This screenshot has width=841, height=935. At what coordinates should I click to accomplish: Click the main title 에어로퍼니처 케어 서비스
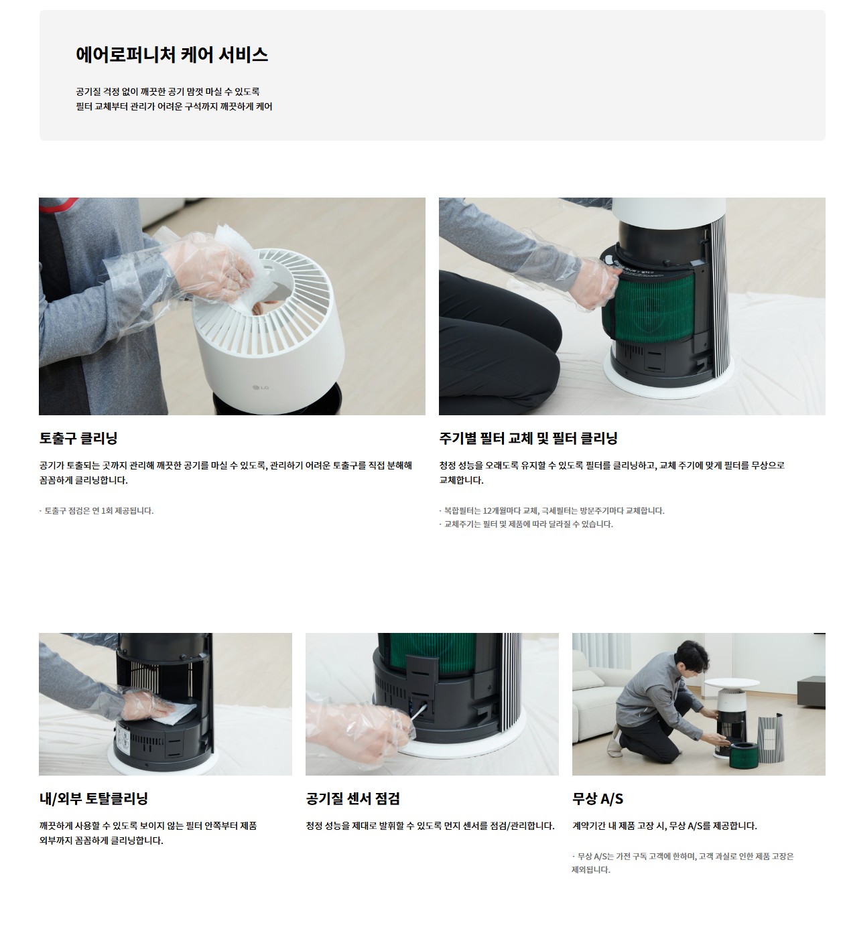tap(172, 54)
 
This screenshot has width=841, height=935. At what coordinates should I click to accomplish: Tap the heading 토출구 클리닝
tap(78, 438)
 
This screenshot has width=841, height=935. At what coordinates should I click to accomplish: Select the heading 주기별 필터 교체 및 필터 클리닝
tap(528, 438)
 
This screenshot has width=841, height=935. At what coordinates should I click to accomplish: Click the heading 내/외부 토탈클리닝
tap(94, 798)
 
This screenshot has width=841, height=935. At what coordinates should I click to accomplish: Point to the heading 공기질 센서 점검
tap(352, 798)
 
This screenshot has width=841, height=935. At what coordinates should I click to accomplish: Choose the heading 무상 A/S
tap(598, 798)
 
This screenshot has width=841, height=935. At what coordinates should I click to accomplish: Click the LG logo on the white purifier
tap(261, 387)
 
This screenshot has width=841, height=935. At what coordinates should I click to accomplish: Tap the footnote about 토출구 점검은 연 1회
tap(96, 511)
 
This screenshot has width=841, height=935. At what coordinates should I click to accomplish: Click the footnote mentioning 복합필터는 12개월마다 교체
tap(552, 511)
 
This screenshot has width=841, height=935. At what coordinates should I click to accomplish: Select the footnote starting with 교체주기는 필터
tap(526, 524)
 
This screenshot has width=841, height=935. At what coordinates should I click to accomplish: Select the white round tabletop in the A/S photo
tap(731, 683)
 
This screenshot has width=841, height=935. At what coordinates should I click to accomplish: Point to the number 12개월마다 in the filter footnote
tap(501, 511)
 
